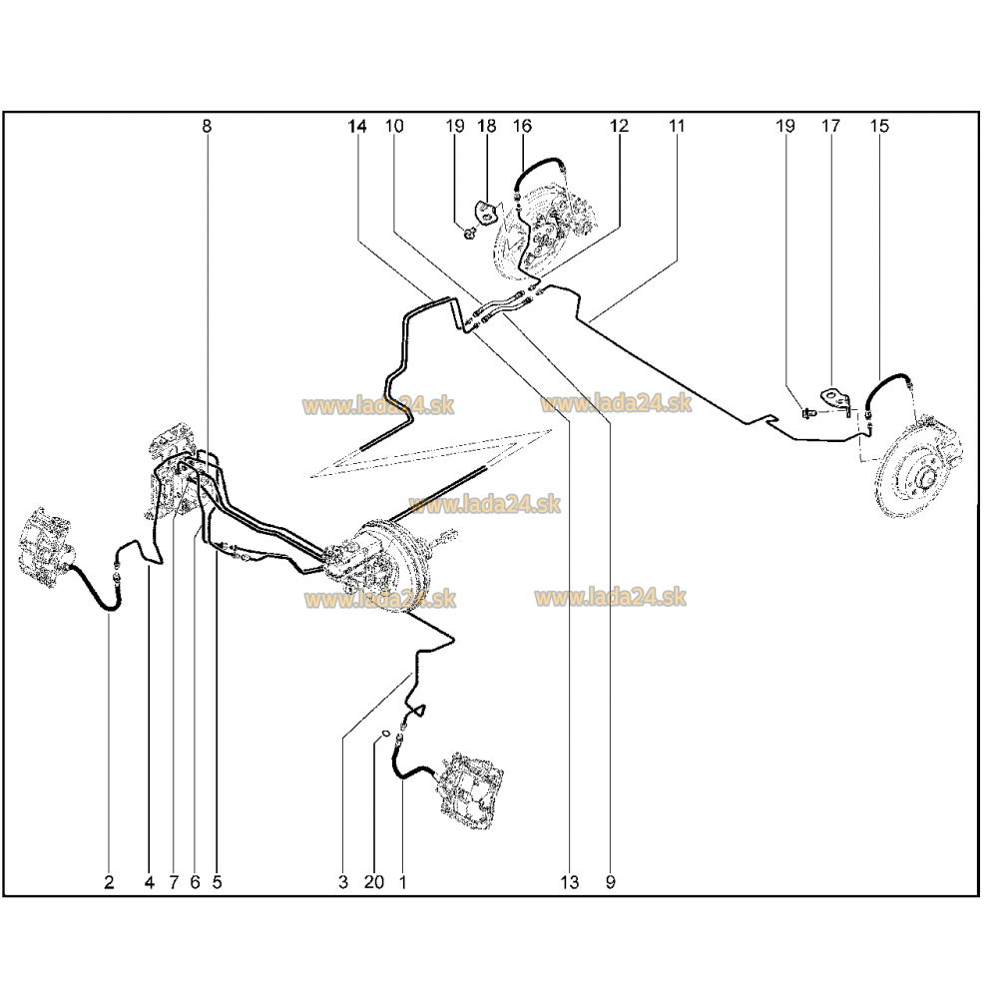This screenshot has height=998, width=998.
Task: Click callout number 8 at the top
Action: (x=207, y=126)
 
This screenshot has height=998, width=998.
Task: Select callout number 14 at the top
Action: (x=357, y=126)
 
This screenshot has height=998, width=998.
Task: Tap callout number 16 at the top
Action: (x=522, y=126)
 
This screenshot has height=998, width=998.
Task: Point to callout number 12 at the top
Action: (x=619, y=126)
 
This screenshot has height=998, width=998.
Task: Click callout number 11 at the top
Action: (x=677, y=126)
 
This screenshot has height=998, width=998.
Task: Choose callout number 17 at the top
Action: (x=830, y=126)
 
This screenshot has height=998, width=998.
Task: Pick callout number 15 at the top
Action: (x=879, y=126)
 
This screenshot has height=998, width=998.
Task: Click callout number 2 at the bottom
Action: (x=109, y=882)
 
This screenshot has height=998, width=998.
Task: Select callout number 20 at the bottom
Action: (x=374, y=882)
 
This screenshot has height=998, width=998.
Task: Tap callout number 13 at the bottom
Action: (x=570, y=882)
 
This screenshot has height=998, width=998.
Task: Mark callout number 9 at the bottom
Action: (x=611, y=882)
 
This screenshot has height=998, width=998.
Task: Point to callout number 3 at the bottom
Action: (x=343, y=882)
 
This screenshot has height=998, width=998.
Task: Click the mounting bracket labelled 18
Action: (x=486, y=212)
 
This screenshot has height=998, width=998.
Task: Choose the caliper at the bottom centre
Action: (x=471, y=791)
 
